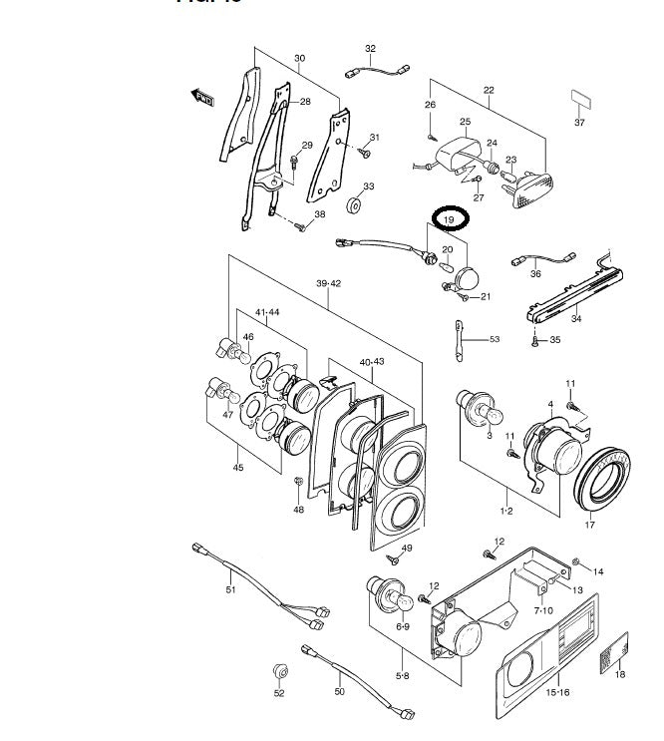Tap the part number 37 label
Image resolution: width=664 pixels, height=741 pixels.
point(579,123)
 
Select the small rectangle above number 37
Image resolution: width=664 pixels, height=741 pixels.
point(579,99)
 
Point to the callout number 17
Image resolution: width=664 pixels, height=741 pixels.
point(588,525)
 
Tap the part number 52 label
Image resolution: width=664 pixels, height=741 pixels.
point(279,692)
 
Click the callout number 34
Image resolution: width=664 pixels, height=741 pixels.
point(575,320)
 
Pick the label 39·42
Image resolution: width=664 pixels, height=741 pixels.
point(329,284)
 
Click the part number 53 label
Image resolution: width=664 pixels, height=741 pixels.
point(494,340)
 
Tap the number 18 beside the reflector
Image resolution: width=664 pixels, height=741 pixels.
point(619,675)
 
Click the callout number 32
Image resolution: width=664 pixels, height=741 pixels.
point(370,48)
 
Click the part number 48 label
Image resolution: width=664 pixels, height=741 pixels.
point(298,511)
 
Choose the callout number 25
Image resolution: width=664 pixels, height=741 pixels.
point(464,122)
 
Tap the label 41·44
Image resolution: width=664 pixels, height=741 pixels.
point(266,311)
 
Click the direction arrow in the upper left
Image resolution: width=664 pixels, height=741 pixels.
point(203,96)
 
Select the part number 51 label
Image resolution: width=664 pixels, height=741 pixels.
point(230,590)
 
